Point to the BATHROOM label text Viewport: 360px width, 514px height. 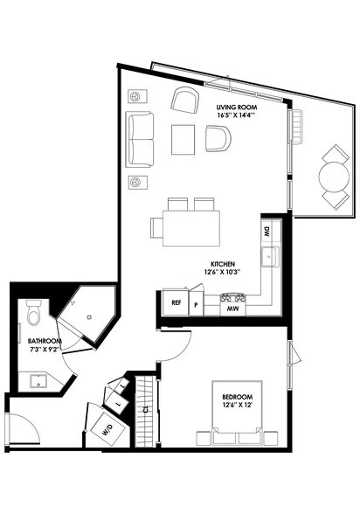point(44,341)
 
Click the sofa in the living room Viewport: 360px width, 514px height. point(140,138)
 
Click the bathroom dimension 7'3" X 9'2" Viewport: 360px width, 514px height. point(44,350)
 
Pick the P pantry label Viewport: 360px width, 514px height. point(197,306)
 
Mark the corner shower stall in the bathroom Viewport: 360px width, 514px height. point(85,311)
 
